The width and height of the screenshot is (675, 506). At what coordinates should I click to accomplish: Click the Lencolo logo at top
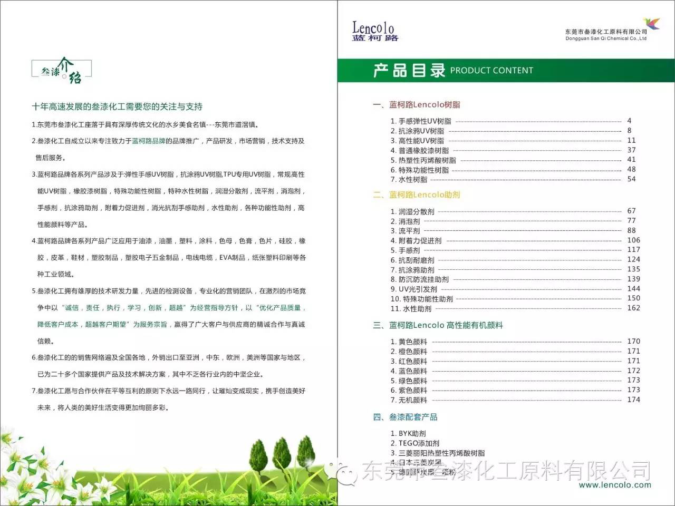374,31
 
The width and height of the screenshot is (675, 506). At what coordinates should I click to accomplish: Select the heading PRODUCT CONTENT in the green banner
491,71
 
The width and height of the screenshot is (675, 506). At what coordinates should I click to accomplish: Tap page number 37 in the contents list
631,150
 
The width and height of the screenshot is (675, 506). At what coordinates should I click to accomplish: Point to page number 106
633,240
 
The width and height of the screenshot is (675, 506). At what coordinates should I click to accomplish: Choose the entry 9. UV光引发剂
414,289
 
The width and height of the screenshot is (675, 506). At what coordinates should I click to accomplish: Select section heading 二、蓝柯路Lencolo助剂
417,195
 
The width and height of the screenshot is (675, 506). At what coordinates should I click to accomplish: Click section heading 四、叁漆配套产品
405,417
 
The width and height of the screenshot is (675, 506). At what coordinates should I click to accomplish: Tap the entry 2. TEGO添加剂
415,443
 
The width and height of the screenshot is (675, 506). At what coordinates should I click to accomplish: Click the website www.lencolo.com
615,485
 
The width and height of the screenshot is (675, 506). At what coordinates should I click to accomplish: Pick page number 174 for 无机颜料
633,400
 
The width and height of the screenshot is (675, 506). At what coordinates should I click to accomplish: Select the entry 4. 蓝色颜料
409,371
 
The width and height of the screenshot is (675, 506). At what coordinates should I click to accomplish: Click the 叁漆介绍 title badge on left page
62,71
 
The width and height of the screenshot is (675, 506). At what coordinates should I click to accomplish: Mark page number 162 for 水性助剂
633,308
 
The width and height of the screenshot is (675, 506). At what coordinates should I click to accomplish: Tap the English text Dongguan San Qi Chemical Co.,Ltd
606,38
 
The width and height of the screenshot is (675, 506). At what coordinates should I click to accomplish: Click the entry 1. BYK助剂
408,434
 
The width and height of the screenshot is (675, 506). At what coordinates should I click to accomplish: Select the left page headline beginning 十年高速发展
117,107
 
